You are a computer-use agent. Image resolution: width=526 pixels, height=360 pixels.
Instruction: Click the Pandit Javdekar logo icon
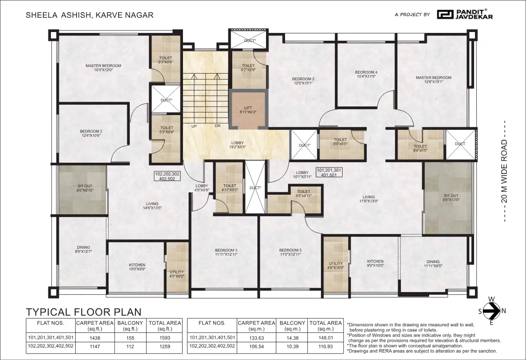[445, 14]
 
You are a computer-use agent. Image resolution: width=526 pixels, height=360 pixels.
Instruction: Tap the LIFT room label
[248, 108]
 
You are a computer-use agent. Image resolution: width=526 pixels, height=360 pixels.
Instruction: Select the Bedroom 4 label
[366, 72]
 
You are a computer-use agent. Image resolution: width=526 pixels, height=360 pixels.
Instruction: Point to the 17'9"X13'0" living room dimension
[369, 201]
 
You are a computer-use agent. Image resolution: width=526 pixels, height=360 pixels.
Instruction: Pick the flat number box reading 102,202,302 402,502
[167, 176]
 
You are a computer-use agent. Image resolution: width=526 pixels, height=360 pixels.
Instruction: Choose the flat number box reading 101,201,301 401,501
[329, 172]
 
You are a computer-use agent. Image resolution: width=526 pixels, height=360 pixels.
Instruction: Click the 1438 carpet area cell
[95, 338]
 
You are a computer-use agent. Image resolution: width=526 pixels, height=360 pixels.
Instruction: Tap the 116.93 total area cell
[325, 347]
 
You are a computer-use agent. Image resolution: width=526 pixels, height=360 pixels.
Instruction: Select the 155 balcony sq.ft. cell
[130, 338]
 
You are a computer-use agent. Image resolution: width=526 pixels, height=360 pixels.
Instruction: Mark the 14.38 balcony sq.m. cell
[292, 338]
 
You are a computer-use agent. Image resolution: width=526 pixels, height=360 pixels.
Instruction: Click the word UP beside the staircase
[194, 126]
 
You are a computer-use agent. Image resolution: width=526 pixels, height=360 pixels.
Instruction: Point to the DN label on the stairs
[218, 126]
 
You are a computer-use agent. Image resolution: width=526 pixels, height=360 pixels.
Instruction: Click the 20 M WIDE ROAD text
[504, 171]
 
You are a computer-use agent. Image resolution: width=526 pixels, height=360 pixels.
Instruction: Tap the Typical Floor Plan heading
[83, 312]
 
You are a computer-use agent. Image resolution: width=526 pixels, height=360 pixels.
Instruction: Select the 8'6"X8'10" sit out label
[85, 190]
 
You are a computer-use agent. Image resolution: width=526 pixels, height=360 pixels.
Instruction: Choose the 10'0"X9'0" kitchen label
[137, 269]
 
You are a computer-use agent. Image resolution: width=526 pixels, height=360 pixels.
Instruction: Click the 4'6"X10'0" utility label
[336, 267]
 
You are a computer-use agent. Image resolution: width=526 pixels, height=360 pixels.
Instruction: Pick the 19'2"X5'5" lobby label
[237, 147]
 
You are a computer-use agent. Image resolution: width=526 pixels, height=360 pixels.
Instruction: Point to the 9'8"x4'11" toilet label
[303, 196]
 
